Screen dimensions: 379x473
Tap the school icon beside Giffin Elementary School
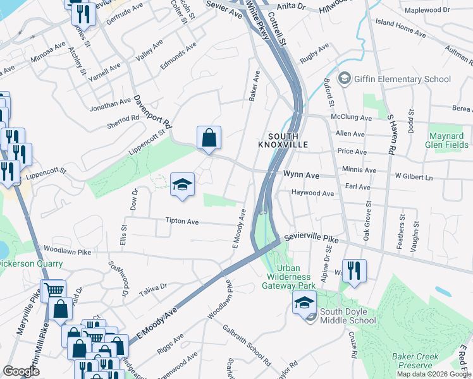[x=345, y=78]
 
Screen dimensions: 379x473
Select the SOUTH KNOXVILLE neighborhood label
[x=283, y=140]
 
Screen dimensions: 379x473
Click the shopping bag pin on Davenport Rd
[x=209, y=138]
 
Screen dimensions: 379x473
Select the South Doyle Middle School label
[x=348, y=316]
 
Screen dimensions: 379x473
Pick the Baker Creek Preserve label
[x=415, y=361]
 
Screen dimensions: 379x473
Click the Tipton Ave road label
[x=182, y=222]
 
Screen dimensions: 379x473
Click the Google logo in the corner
[x=21, y=371]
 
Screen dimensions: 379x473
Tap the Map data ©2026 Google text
[x=434, y=374]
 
